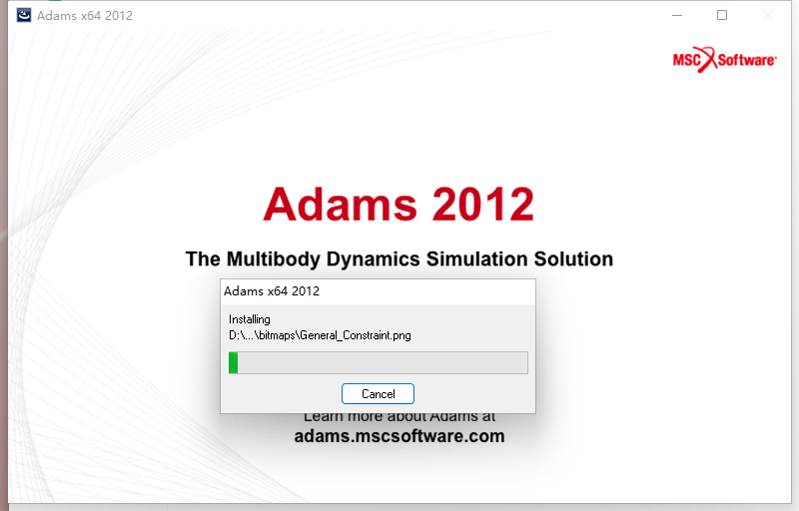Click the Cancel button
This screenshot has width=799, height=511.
click(378, 393)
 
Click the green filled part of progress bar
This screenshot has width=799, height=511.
click(233, 362)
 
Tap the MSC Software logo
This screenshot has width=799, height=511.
click(724, 59)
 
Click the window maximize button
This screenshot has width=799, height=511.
click(722, 16)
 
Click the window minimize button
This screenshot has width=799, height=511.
click(677, 16)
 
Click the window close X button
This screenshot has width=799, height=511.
click(767, 16)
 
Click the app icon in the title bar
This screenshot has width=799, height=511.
click(23, 15)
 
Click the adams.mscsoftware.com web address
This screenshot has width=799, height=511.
click(399, 436)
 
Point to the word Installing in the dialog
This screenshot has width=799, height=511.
click(250, 319)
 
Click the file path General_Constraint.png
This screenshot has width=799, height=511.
click(320, 335)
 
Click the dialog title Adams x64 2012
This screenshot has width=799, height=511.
click(272, 291)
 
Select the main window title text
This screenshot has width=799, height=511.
click(85, 16)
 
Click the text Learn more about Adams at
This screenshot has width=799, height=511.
click(399, 416)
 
